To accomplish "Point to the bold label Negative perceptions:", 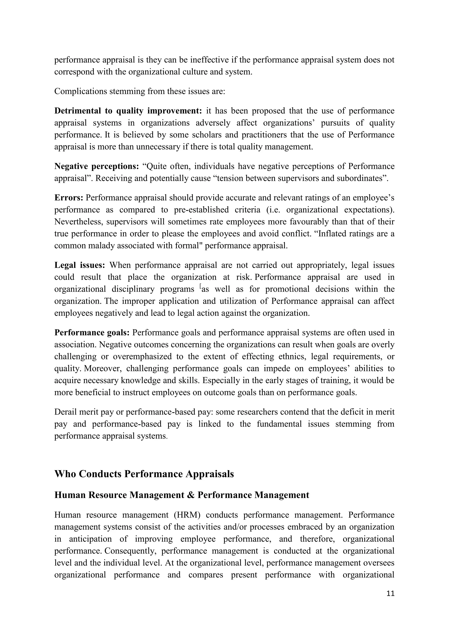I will (96, 166).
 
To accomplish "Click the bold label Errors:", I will (69, 198).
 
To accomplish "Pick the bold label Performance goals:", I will (92, 332).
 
